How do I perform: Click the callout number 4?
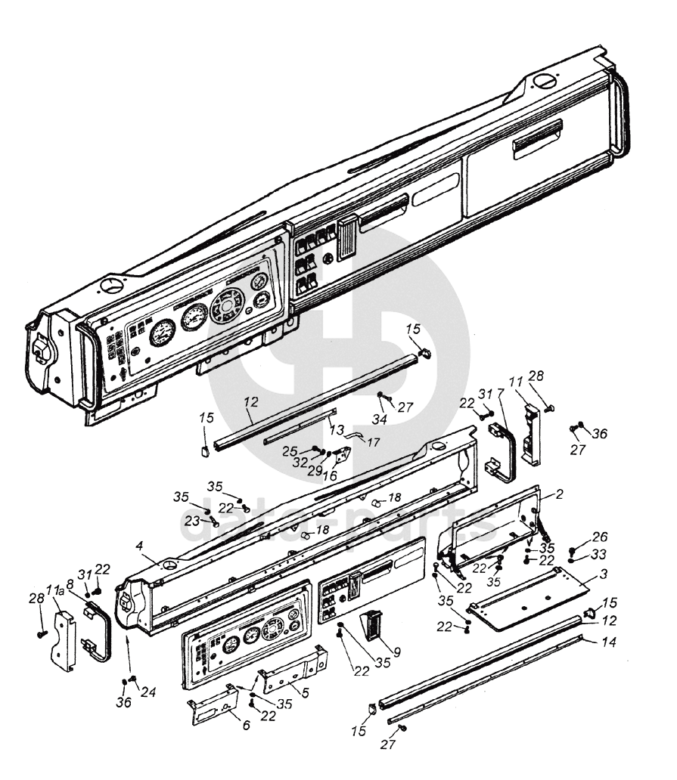(x=139, y=546)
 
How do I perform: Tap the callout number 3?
(x=604, y=574)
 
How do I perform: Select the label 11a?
(x=55, y=590)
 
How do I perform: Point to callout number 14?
(x=609, y=642)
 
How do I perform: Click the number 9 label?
(x=396, y=652)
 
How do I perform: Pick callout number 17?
(x=373, y=441)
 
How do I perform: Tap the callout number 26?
(x=600, y=537)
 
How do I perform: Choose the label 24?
(x=148, y=692)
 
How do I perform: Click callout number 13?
(x=337, y=429)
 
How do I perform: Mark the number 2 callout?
(x=560, y=494)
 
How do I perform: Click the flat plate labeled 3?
(x=528, y=599)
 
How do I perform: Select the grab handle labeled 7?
(x=502, y=453)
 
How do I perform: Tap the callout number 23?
(x=192, y=522)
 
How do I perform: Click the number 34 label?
(x=380, y=419)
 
